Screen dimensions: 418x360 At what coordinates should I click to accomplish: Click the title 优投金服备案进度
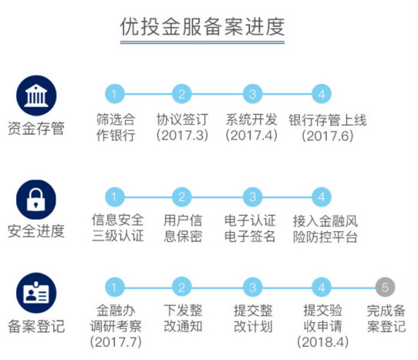(202, 27)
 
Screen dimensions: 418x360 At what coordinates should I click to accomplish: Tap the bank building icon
(36, 96)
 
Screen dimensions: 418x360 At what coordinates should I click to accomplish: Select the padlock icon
(36, 200)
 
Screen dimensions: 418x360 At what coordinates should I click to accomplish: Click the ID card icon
(36, 293)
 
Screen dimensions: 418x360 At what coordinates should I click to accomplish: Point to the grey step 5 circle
(385, 288)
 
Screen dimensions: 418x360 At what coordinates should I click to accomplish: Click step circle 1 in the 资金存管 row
(115, 94)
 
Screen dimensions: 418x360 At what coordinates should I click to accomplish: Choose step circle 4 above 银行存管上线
(322, 94)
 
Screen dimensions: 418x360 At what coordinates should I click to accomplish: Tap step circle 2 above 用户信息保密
(181, 197)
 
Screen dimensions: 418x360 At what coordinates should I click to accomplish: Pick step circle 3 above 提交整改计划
(253, 288)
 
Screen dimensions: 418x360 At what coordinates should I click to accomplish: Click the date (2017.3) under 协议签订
(182, 136)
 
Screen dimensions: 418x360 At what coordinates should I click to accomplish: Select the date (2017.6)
(328, 136)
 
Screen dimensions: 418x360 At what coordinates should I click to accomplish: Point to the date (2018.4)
(323, 341)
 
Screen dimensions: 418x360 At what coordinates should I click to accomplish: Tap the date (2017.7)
(116, 341)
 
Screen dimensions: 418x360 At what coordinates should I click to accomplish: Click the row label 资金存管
(36, 128)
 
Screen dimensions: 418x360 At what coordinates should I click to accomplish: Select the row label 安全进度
(36, 230)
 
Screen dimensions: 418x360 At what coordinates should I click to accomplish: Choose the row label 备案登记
(36, 326)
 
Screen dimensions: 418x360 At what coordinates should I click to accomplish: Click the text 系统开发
(251, 119)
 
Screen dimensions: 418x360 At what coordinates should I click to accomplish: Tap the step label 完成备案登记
(386, 318)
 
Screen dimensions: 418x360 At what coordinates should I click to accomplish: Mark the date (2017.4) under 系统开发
(251, 136)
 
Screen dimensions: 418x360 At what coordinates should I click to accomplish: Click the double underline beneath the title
(202, 42)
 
